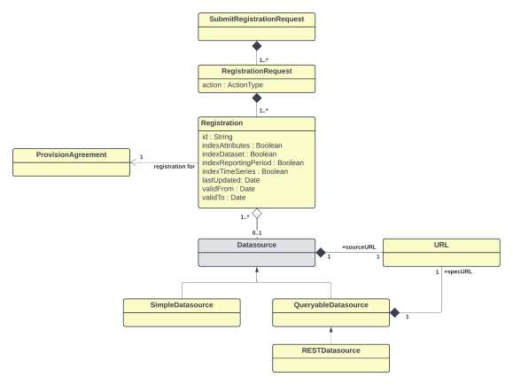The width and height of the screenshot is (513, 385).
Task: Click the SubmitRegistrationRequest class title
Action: [x=256, y=19]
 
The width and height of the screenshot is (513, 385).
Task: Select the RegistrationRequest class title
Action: [x=256, y=71]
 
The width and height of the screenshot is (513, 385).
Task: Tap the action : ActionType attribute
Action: [x=233, y=85]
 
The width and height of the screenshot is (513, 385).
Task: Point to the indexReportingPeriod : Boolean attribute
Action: [x=253, y=162]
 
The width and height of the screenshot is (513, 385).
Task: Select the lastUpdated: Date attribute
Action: [x=230, y=180]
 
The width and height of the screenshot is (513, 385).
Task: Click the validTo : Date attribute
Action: [x=224, y=197]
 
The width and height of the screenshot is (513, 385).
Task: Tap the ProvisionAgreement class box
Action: [x=70, y=161]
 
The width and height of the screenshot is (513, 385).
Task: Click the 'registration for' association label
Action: [x=174, y=166]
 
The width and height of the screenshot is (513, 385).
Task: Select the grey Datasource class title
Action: [x=256, y=246]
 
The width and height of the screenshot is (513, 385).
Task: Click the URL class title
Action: [x=440, y=246]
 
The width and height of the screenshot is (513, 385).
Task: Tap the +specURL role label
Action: [x=457, y=271]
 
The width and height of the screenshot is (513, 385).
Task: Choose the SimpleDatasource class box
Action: [x=181, y=310]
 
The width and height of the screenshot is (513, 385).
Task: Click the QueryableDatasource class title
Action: [x=330, y=305]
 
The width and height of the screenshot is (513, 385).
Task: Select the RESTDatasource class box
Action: [x=330, y=357]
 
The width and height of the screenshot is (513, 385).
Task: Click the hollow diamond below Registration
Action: [x=256, y=215]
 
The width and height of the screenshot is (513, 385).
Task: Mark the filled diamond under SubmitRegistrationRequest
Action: [x=256, y=45]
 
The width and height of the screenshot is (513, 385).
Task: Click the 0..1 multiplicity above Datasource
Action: [x=256, y=232]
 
